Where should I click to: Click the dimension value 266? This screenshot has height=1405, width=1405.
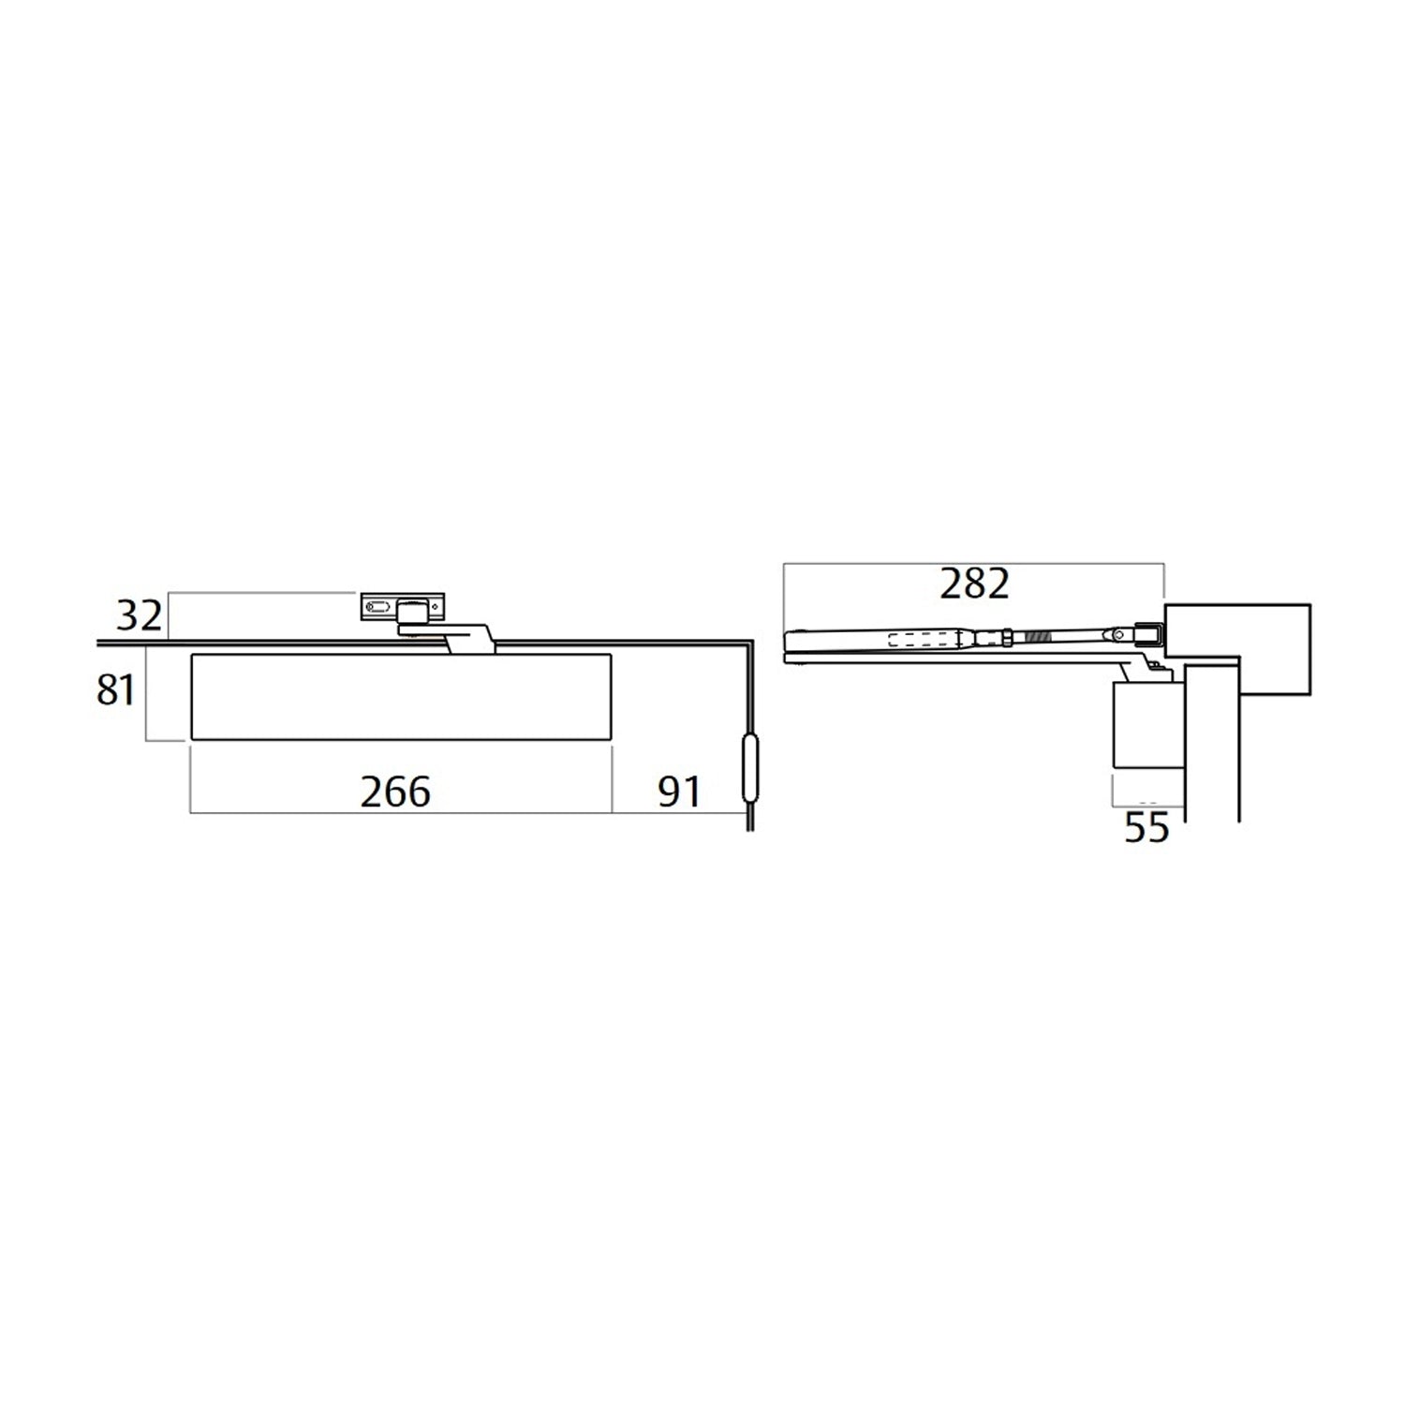[x=395, y=792]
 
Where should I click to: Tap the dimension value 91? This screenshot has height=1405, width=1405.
[x=679, y=792]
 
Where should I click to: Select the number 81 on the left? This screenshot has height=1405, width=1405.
[x=116, y=690]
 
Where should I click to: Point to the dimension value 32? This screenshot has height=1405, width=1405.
[x=139, y=616]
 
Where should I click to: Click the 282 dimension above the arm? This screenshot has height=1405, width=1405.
[x=974, y=584]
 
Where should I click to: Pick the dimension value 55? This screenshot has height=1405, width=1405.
[x=1146, y=828]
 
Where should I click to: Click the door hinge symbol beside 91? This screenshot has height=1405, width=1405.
[x=748, y=769]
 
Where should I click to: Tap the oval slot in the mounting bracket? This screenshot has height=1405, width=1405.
[x=379, y=608]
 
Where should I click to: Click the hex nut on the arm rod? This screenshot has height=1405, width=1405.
[x=1006, y=637]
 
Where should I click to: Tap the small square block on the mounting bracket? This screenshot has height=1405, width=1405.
[x=409, y=613]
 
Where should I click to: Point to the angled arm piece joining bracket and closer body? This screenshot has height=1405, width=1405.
[x=468, y=639]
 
